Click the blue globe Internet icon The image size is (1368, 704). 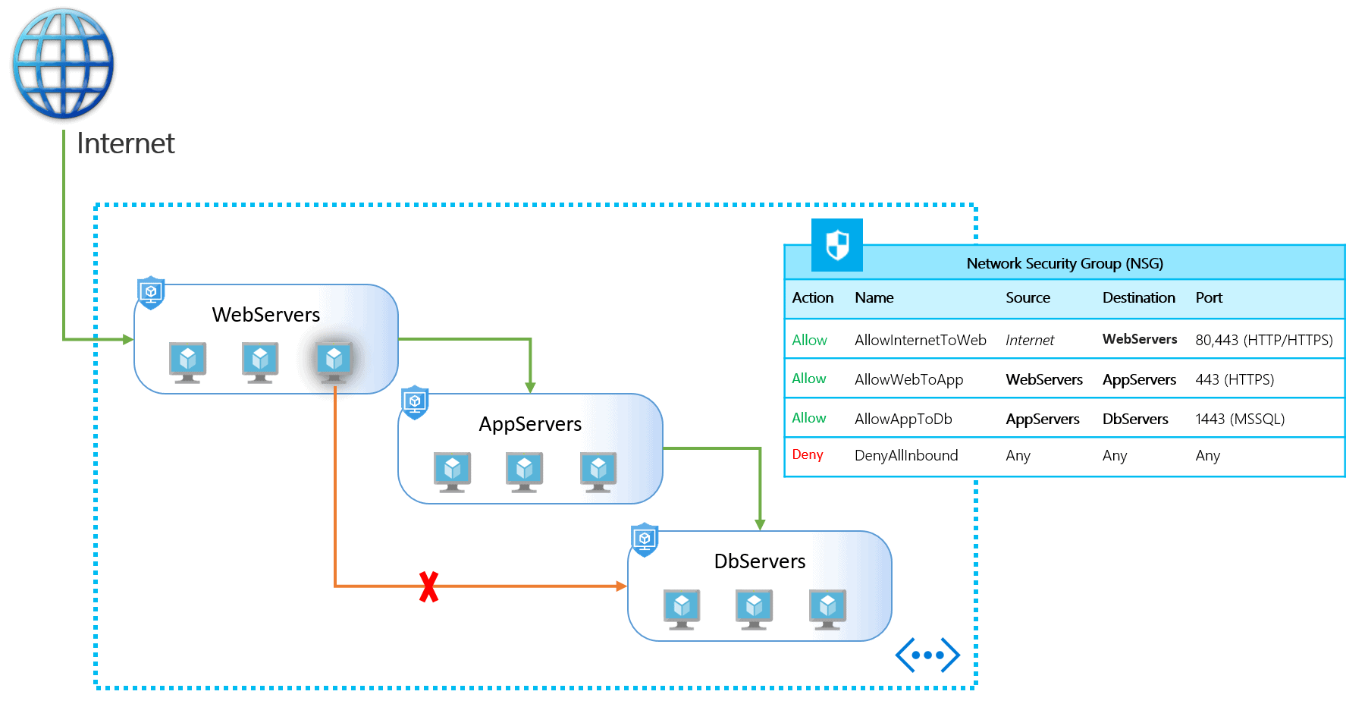pos(64,64)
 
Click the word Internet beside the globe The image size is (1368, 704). pos(126,143)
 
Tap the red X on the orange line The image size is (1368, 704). pos(429,586)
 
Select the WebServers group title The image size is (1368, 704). pos(266,315)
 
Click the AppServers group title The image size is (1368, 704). pos(530,424)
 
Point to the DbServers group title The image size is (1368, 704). pos(760,561)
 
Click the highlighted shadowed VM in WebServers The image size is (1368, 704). pos(334,360)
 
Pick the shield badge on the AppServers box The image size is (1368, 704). pos(415,402)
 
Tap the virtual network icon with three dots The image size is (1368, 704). pos(927,655)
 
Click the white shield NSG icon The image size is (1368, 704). pos(837,245)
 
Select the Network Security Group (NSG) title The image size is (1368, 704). pos(1064,263)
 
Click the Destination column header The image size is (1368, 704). pos(1138,298)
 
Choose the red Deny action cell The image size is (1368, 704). pos(808,454)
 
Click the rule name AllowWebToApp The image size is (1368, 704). pos(908,379)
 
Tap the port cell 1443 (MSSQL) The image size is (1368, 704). pos(1240,419)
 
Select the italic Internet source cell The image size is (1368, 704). pos(1029,341)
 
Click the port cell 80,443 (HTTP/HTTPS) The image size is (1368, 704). pos(1263,340)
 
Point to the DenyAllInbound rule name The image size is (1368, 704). pos(906,455)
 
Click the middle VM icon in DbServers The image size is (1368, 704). pos(754,608)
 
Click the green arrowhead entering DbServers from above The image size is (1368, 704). pos(760,524)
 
